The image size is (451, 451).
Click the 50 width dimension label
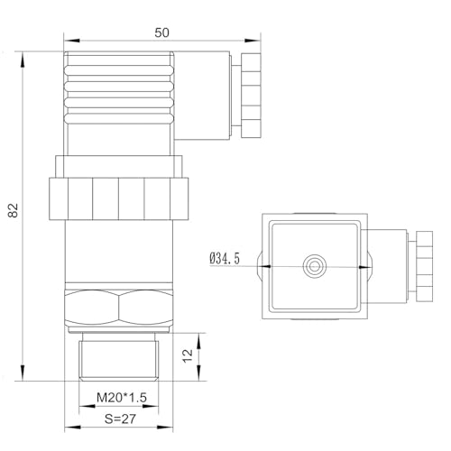161,32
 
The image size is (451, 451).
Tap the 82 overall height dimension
14,210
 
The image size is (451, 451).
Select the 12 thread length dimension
188,355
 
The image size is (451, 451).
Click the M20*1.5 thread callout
122,398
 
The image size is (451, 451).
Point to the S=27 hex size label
120,419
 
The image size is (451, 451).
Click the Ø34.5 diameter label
225,259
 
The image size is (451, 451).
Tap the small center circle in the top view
315,266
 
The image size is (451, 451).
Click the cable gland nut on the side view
251,96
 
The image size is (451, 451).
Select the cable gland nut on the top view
425,266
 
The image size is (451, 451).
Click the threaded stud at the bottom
119,357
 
